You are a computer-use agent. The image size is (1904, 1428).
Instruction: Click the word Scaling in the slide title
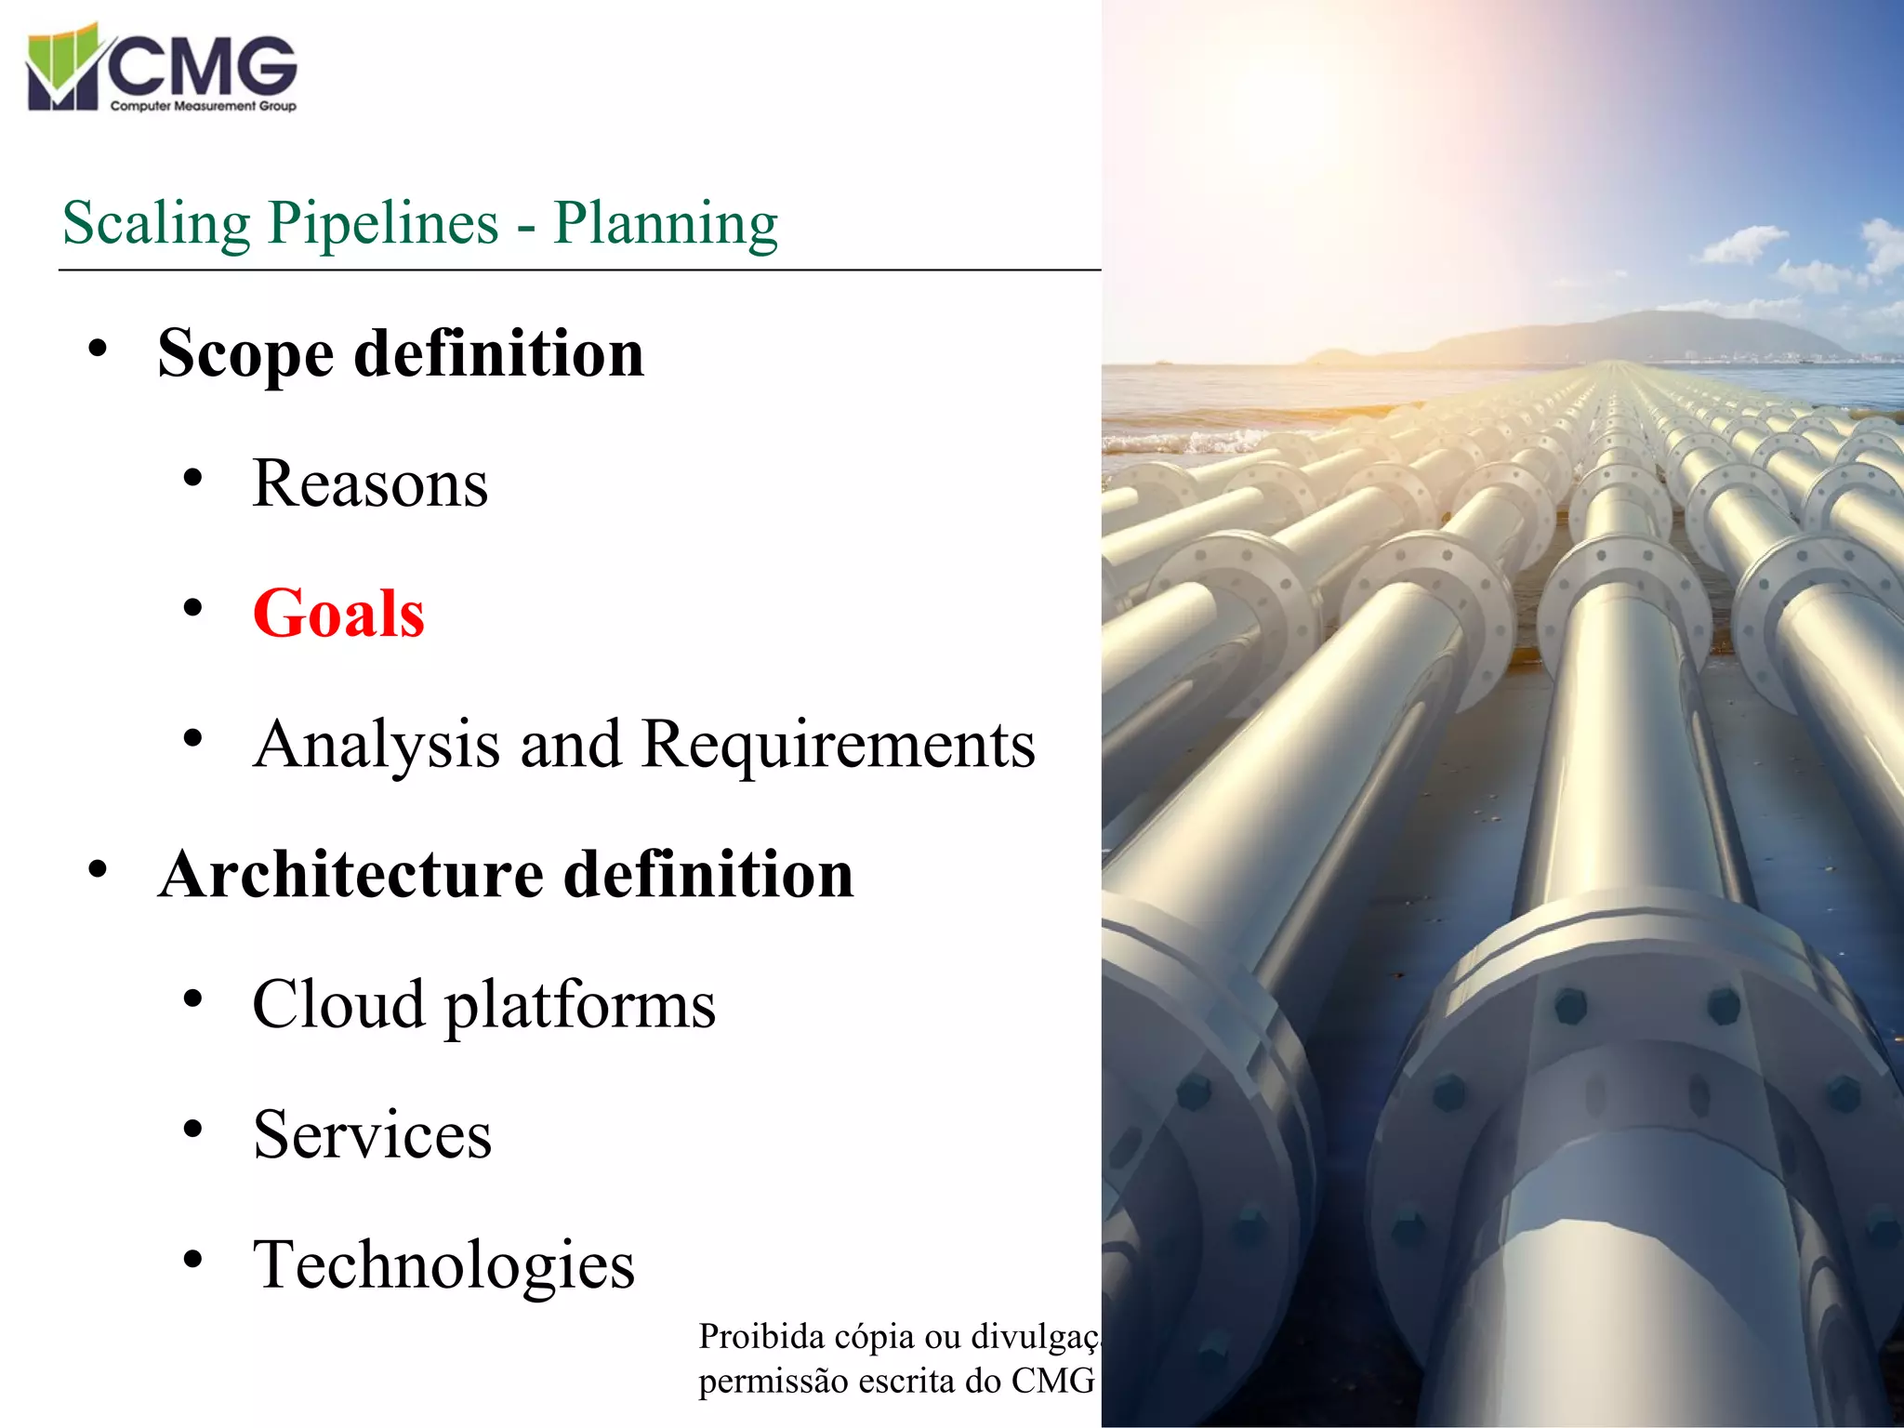(156, 224)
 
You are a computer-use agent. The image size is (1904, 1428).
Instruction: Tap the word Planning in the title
(666, 224)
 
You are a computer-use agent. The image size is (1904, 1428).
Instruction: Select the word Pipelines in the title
(384, 224)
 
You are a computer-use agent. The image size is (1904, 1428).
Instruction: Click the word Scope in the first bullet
(245, 355)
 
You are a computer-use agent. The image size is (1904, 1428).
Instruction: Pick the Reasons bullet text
(370, 484)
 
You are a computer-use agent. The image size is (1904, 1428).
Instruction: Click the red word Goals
(338, 615)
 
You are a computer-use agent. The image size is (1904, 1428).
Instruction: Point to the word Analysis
(377, 746)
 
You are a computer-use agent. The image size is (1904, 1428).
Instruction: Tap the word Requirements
(838, 746)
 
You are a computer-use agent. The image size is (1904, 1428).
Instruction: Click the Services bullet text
(372, 1135)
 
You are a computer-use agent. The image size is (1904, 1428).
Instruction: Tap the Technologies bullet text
(443, 1266)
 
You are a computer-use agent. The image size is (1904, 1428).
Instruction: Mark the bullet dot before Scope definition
(98, 350)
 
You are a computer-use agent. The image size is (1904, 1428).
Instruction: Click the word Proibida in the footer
(761, 1337)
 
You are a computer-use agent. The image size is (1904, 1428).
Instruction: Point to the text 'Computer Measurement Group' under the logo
(203, 106)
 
